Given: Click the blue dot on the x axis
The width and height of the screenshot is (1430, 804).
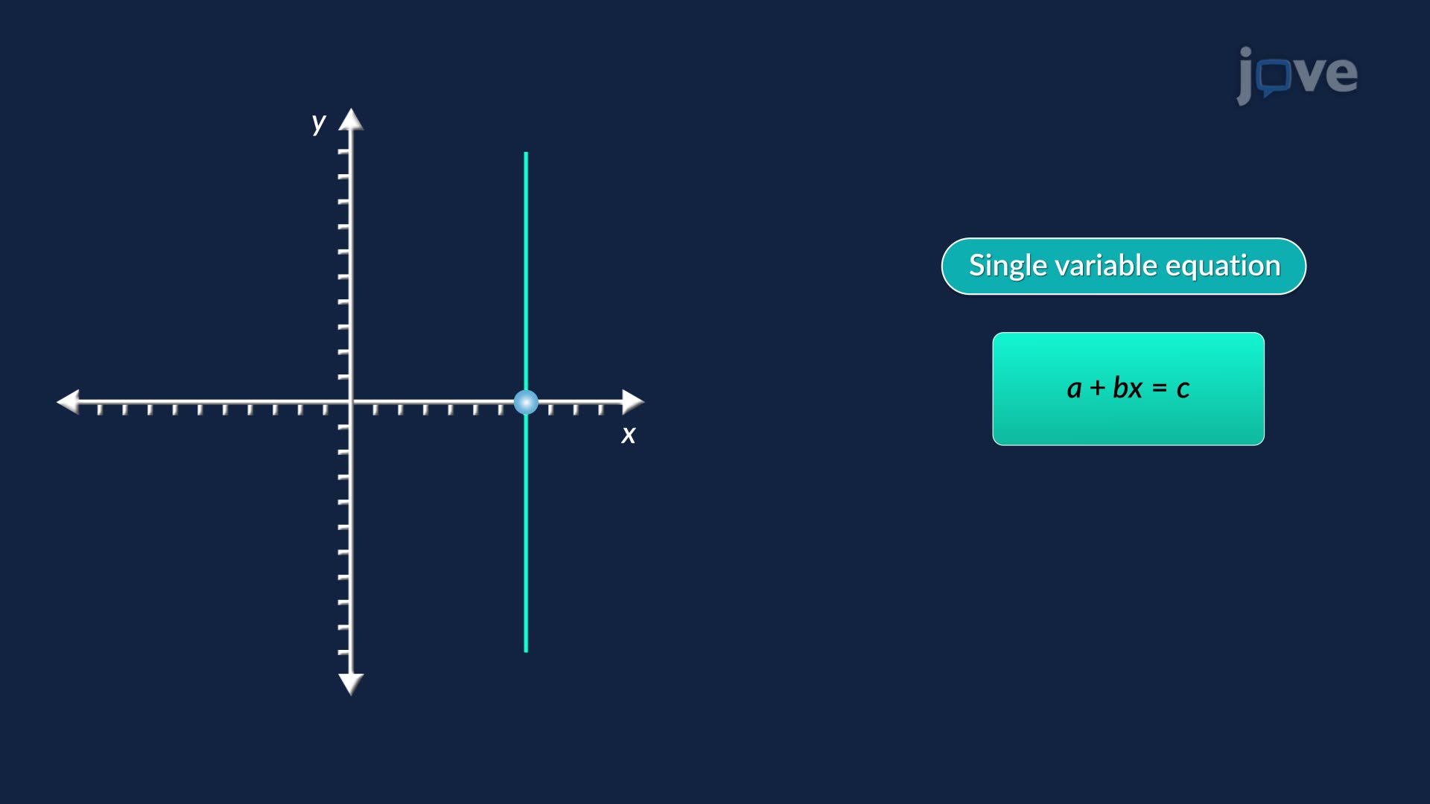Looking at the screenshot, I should (x=526, y=402).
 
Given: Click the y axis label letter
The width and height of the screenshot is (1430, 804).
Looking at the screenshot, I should (x=319, y=122).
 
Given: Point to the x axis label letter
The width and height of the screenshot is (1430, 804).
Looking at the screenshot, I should (x=629, y=435).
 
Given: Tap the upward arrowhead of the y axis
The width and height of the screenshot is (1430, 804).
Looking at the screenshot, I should (x=351, y=120).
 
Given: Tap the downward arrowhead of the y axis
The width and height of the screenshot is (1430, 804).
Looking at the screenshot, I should (x=351, y=683).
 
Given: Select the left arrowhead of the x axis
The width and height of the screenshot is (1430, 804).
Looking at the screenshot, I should (x=69, y=401).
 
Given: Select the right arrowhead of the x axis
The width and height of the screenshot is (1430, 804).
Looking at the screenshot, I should (x=632, y=401).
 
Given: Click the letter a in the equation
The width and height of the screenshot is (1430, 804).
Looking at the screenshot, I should (x=1074, y=389).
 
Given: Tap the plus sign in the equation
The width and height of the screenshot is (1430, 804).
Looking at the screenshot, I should (x=1097, y=388).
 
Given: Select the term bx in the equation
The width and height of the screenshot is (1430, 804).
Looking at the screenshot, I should (x=1128, y=388).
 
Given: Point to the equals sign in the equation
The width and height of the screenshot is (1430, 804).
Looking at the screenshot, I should (x=1160, y=388).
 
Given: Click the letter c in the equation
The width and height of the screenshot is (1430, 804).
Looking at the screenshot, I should (x=1183, y=389).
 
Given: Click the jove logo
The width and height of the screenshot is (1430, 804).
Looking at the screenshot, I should (x=1297, y=74).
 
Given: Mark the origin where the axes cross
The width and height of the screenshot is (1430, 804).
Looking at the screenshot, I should (x=351, y=402).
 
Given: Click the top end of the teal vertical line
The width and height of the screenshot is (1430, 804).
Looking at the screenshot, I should (x=526, y=155).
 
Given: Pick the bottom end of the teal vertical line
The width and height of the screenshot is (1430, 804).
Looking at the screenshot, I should (x=526, y=650).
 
